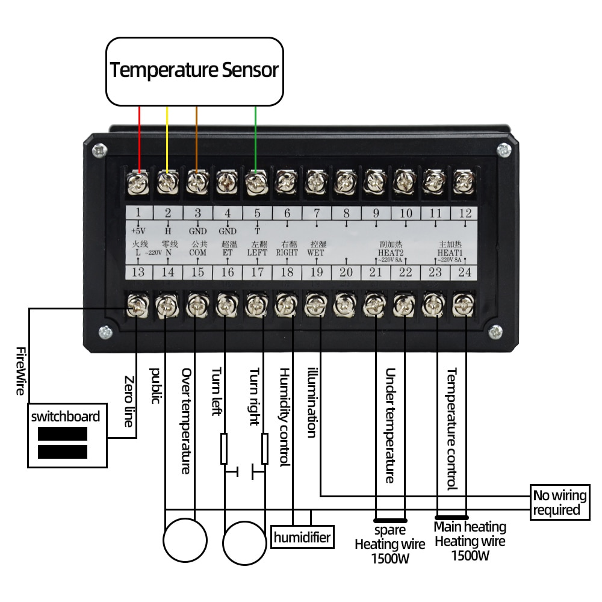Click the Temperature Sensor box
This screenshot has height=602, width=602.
tap(194, 71)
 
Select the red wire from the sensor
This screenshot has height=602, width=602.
tap(140, 138)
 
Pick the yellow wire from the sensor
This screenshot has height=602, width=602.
tap(167, 138)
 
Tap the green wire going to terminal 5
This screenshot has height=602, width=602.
tap(256, 138)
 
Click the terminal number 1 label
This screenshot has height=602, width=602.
tap(138, 213)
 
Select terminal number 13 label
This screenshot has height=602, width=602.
tap(138, 273)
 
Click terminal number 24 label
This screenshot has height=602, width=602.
tap(464, 273)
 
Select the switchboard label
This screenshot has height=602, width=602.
tap(66, 417)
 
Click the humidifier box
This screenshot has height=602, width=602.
tap(302, 537)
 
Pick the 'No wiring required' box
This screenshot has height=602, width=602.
tap(559, 502)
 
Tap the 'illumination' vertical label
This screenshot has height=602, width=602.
tap(311, 402)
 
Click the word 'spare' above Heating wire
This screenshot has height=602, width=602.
tap(389, 530)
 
